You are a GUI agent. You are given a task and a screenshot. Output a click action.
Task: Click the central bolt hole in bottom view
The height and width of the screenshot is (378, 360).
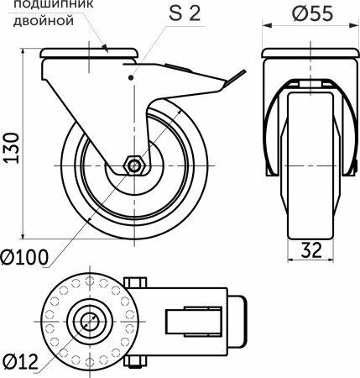(x=88, y=320)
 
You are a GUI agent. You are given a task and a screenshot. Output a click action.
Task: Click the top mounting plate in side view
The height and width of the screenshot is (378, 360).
(x=89, y=55)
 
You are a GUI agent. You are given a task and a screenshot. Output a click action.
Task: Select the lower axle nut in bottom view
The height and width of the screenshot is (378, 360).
(x=135, y=362)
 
